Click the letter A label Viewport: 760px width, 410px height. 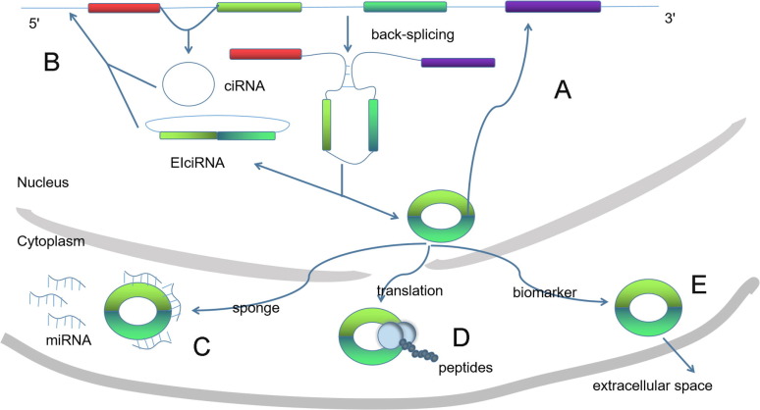tap(563, 90)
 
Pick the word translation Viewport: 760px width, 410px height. tap(409, 291)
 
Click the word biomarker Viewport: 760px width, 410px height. tap(543, 291)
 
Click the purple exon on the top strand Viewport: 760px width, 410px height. tap(553, 8)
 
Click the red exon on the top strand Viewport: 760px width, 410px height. tap(124, 8)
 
